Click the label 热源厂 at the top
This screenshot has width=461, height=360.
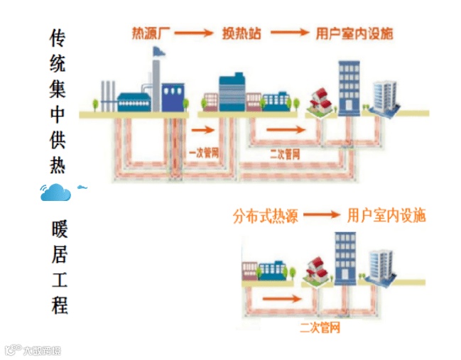150,33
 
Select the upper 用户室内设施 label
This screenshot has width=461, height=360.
354,33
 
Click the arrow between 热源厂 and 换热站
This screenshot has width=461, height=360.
194,33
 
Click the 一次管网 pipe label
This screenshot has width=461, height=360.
203,152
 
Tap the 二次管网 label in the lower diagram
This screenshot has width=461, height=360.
320,327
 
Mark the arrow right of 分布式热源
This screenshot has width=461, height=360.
322,215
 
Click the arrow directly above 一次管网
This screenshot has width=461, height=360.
202,131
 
